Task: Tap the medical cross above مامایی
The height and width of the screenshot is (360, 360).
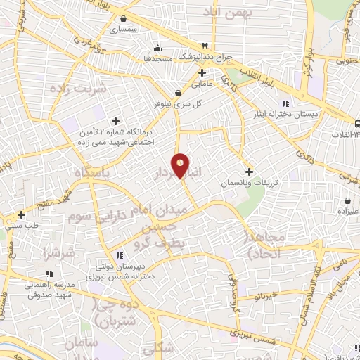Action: click(202, 72)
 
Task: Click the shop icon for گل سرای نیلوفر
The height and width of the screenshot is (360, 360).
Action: click(177, 91)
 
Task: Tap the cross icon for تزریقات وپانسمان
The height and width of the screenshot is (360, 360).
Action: click(249, 172)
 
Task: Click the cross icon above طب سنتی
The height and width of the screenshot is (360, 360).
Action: click(22, 214)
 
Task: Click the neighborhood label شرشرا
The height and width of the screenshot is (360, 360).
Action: click(54, 251)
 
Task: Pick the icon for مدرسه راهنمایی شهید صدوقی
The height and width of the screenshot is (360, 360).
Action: click(48, 272)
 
